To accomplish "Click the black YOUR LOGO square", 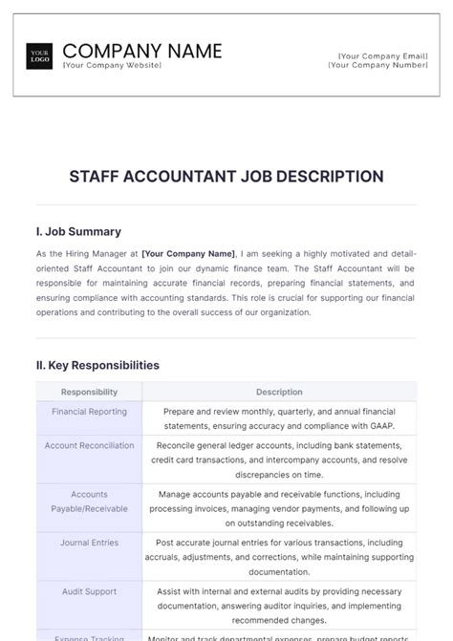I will coord(40,55).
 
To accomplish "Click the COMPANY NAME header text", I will coord(141,51).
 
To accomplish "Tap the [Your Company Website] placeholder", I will coord(112,65).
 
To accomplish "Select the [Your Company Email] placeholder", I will coord(381,56).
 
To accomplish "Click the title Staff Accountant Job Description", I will coord(226,177).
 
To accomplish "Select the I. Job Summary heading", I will coord(78,231).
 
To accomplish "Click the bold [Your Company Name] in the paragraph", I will coord(188,254).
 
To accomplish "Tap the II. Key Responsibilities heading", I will coord(97,365).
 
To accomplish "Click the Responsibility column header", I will coord(89,392).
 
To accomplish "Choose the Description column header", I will coord(279,392).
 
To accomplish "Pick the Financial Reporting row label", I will coord(89,410).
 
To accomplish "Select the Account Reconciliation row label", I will coord(89,445).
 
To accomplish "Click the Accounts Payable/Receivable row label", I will coord(89,502).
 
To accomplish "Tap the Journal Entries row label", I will coord(89,543).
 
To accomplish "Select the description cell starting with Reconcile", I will coord(279,459).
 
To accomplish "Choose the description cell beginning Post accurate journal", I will coord(279,557).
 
